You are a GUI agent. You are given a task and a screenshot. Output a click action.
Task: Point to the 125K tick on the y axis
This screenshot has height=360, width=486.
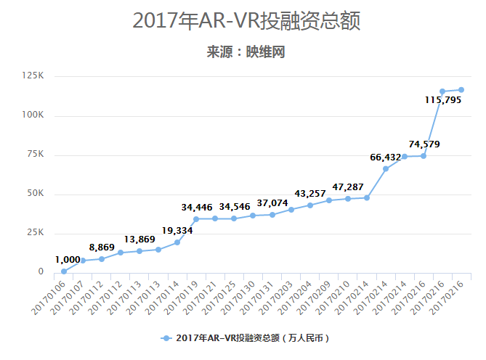[33, 75]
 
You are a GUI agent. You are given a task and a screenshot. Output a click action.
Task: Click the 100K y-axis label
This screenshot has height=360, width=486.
[33, 115]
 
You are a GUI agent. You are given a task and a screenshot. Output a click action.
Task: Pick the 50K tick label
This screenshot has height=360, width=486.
[36, 194]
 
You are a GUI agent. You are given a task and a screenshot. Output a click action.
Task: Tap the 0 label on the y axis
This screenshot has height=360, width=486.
[41, 272]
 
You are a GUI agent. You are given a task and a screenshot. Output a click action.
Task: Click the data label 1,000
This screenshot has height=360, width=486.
[68, 260]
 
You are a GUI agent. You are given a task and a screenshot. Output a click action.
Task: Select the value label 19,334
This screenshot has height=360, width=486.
[178, 231]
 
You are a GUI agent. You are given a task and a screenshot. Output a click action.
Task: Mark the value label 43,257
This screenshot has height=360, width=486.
[310, 194]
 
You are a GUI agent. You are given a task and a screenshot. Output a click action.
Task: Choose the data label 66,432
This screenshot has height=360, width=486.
[386, 157]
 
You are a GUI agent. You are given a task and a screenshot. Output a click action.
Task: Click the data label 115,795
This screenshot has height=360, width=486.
[445, 99]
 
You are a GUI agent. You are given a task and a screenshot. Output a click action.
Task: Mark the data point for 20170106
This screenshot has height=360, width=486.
[64, 271]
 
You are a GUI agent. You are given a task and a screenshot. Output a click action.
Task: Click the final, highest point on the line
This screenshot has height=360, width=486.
[461, 90]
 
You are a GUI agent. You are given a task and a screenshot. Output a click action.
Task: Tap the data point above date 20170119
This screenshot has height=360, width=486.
[196, 218]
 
